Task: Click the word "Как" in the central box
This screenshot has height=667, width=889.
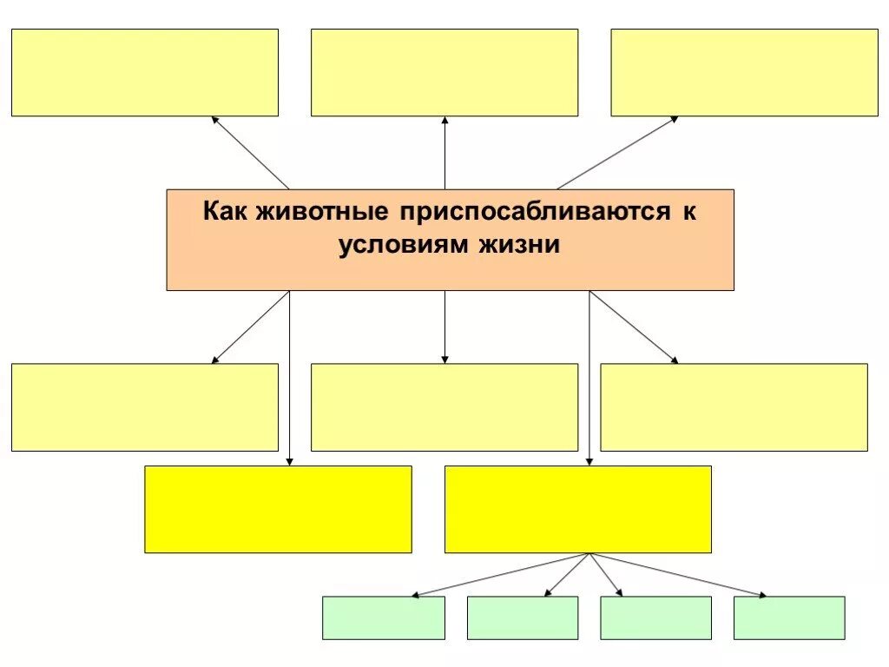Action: [x=226, y=213]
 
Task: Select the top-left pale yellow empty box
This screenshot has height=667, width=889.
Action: [x=145, y=73]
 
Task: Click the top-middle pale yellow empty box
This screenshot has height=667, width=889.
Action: [x=444, y=73]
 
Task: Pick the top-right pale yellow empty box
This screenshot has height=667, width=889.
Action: [x=744, y=73]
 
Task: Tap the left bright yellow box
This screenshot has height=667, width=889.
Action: [x=278, y=509]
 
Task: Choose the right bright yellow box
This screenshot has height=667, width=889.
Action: [x=578, y=509]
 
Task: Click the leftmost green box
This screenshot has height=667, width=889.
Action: [x=384, y=617]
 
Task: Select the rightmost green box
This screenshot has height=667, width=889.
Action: [x=789, y=617]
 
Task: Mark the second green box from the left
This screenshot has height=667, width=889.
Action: [x=523, y=617]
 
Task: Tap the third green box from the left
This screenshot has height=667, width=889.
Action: [x=655, y=617]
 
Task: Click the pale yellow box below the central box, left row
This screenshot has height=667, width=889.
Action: [x=145, y=406]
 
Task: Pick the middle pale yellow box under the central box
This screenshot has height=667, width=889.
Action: [x=444, y=406]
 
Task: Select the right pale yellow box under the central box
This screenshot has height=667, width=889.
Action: [x=734, y=406]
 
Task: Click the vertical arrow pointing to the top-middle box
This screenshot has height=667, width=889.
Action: [x=444, y=153]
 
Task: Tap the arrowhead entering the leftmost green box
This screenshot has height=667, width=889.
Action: [x=416, y=595]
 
